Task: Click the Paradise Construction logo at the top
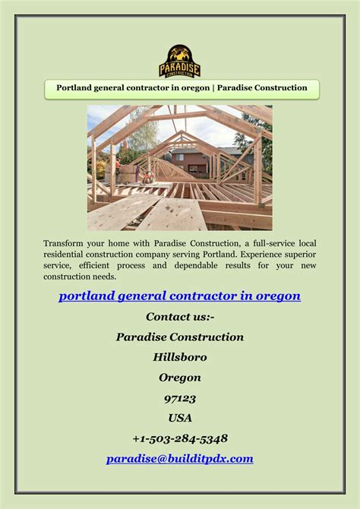pos(180,61)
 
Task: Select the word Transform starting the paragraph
pos(65,242)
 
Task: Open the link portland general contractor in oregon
pos(180,296)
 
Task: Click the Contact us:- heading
pos(180,316)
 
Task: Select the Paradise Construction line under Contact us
pos(180,337)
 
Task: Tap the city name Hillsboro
pos(180,357)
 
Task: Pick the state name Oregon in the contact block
pos(180,378)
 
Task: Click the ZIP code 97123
pos(180,398)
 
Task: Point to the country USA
pos(180,418)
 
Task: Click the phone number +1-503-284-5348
pos(180,438)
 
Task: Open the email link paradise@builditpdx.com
pos(180,459)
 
